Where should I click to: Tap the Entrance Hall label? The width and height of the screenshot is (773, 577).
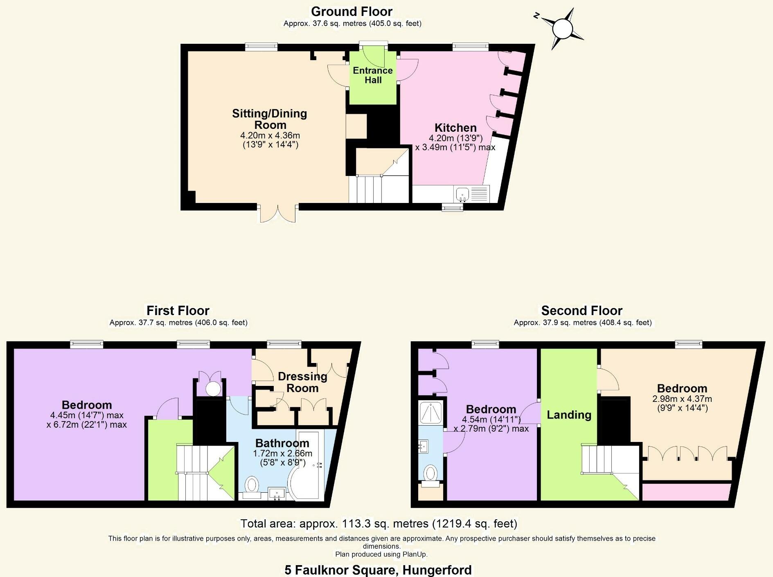click(x=373, y=75)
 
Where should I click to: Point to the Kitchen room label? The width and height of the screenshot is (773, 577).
click(x=455, y=128)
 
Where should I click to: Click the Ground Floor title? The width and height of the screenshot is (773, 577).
click(x=352, y=11)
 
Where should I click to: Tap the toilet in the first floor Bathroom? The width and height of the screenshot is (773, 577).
click(x=252, y=486)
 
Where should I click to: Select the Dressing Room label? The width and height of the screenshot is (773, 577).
click(x=302, y=382)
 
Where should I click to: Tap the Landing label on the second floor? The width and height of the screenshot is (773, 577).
click(x=569, y=415)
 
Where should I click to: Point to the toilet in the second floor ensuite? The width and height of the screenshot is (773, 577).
click(x=430, y=474)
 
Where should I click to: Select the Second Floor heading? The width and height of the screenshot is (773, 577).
click(x=581, y=311)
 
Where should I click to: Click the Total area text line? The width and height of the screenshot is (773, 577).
click(x=379, y=523)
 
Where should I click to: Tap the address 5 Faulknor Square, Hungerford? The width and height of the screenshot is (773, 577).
click(x=378, y=570)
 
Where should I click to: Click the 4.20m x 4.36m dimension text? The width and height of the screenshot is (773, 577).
click(x=270, y=135)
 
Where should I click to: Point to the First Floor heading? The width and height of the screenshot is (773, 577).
click(x=178, y=311)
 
